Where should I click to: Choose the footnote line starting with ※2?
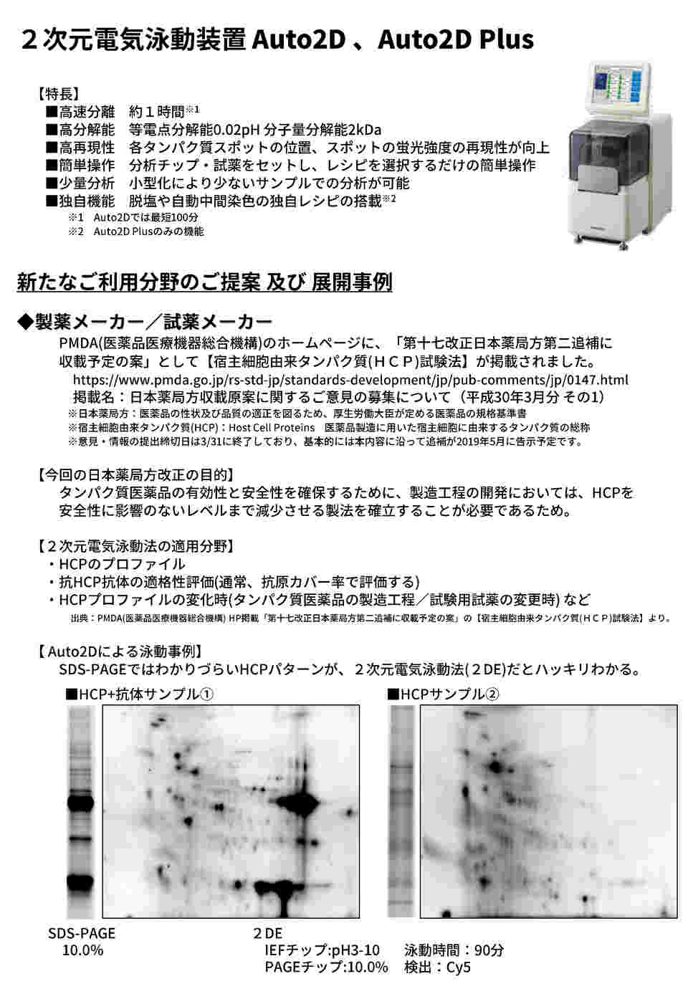(x=136, y=231)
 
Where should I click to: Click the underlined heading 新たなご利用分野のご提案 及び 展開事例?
(x=204, y=282)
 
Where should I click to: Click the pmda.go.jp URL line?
(x=350, y=380)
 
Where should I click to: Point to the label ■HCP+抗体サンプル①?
(x=140, y=694)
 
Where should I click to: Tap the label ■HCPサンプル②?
(x=443, y=694)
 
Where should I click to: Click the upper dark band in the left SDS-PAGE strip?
(x=82, y=803)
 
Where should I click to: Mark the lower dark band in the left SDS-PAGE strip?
(x=82, y=880)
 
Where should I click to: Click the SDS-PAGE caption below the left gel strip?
(x=82, y=933)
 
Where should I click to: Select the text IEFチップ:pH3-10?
(x=322, y=950)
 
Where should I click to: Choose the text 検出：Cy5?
(x=438, y=967)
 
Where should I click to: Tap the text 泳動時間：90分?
(x=454, y=950)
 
